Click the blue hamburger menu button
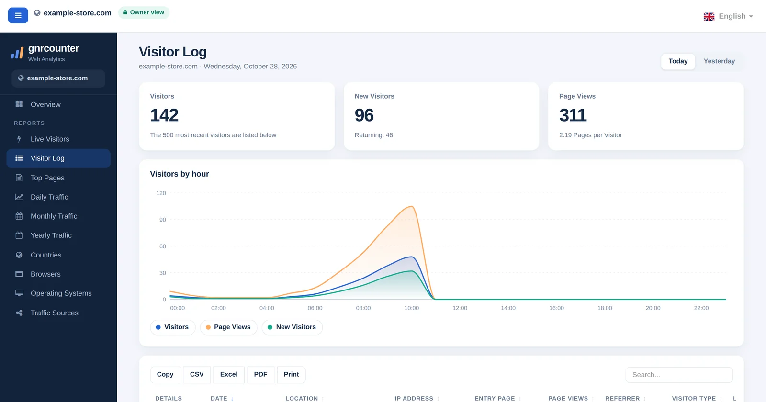[x=18, y=15]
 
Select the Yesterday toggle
[x=719, y=61]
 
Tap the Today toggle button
[x=678, y=61]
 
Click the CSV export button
[x=197, y=374]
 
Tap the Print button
[x=292, y=374]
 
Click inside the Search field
[x=679, y=375]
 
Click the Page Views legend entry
[x=228, y=327]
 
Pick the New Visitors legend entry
[x=292, y=327]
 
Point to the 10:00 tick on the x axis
[x=411, y=308]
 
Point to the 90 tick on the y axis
[x=162, y=220]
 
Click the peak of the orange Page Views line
[x=412, y=206]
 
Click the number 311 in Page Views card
[x=573, y=115]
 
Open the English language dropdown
[x=728, y=16]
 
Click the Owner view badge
[x=144, y=12]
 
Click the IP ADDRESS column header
[x=414, y=398]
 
